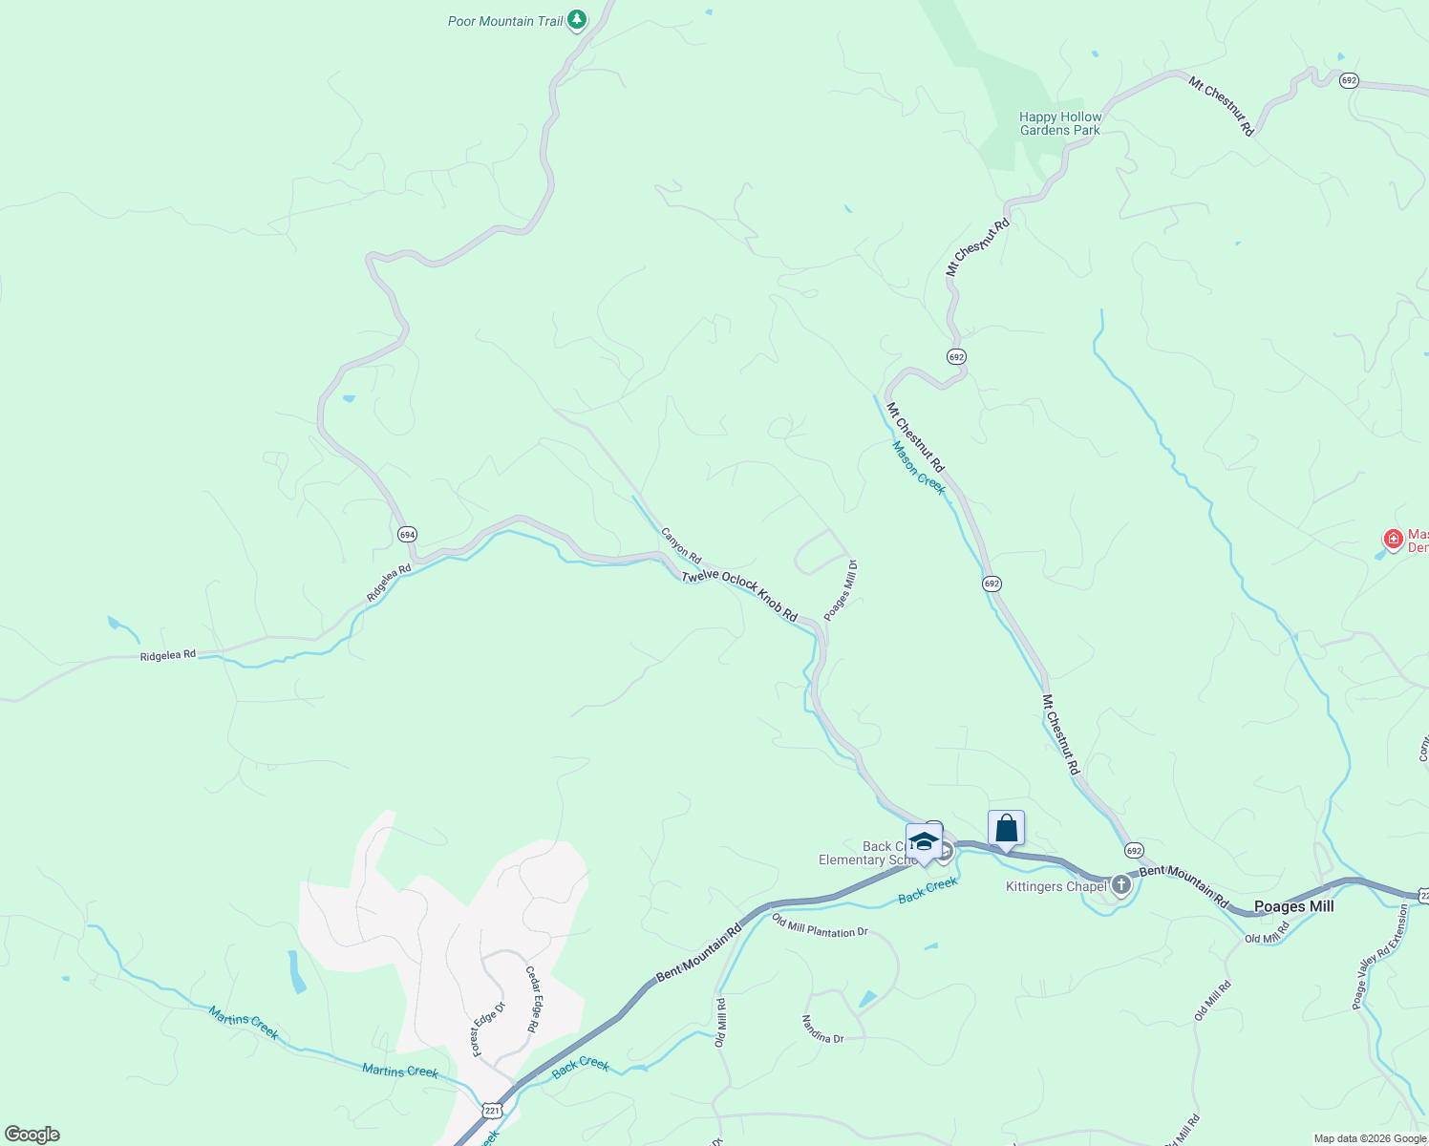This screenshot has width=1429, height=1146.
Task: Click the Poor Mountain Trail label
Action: coord(505,21)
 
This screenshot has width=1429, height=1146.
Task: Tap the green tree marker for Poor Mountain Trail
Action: coord(576,19)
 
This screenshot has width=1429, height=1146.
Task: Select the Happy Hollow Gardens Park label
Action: coord(1060,124)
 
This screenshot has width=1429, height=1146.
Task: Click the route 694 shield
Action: coord(408,535)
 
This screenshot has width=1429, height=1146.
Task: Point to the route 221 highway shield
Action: coord(491,1109)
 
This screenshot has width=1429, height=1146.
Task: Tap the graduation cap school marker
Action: coord(924,841)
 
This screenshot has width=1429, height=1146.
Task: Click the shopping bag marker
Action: coord(1006,828)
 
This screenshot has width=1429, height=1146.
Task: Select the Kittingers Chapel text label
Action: coord(1056,887)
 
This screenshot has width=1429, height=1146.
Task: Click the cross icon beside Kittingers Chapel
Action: coord(1121,885)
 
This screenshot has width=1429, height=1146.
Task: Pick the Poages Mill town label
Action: coord(1293,906)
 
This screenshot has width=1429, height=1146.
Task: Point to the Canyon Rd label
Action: coord(681,545)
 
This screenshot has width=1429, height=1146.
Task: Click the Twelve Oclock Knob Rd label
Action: coord(739,596)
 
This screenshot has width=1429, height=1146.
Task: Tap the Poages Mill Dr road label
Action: coord(841,591)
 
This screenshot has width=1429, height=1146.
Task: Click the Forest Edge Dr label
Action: coord(488,1029)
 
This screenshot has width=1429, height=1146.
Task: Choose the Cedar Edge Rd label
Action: coord(533,1000)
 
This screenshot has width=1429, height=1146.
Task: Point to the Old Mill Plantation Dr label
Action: coord(820,925)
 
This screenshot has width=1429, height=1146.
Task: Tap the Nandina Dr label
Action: coord(822,1029)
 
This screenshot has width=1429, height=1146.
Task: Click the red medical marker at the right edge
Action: coord(1394,540)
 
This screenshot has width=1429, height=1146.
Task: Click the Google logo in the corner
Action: coord(32,1135)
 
